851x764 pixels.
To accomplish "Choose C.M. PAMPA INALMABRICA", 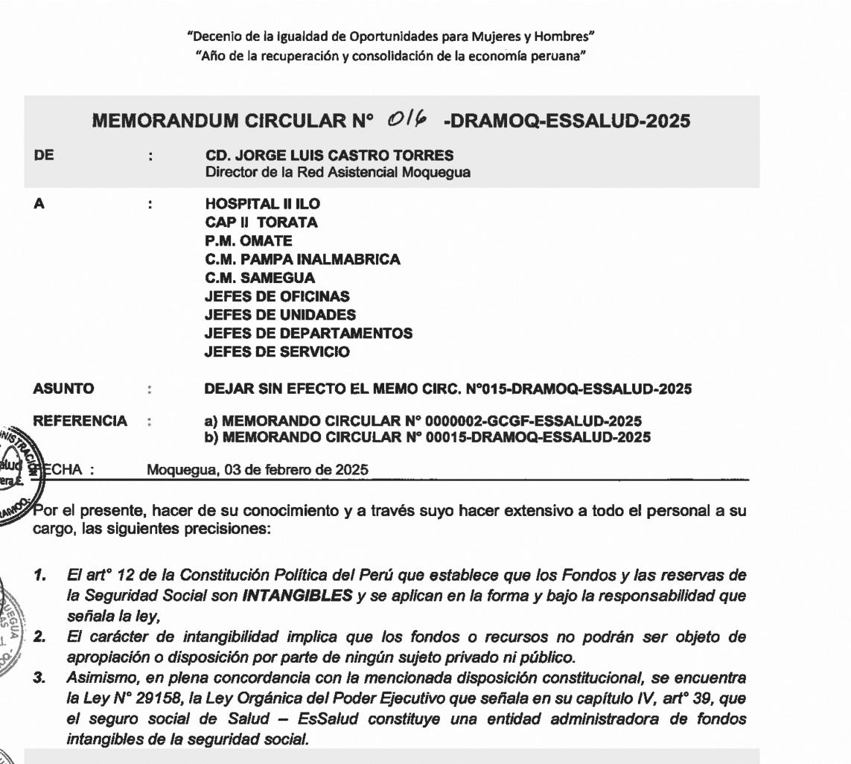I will [302, 260].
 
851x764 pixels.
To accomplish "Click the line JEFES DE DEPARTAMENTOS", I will [308, 334].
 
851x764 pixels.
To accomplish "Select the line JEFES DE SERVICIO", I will [277, 352].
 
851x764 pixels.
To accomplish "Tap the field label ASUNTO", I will [65, 389].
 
